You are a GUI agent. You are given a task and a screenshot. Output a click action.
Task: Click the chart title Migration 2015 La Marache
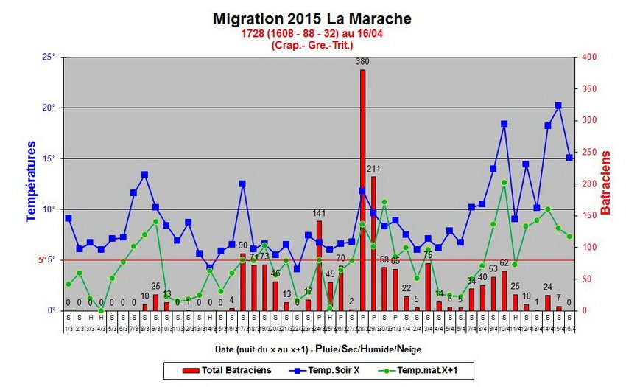coord(312,18)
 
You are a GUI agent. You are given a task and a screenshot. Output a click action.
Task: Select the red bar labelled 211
coord(373,243)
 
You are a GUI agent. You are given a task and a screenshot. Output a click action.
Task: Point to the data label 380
coord(362,62)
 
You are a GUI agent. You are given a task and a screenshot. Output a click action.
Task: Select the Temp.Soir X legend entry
coord(332,369)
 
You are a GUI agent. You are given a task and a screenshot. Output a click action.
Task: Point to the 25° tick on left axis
coord(49,57)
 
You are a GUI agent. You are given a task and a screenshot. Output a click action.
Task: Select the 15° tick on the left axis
coord(49,158)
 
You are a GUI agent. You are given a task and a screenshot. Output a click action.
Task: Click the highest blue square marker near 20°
coord(558,106)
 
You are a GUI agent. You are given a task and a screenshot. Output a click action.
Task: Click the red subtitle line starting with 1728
coord(312,34)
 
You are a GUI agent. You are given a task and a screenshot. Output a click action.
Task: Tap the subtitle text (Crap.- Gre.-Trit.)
coord(312,45)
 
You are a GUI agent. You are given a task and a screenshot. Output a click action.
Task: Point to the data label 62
coord(504,262)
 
